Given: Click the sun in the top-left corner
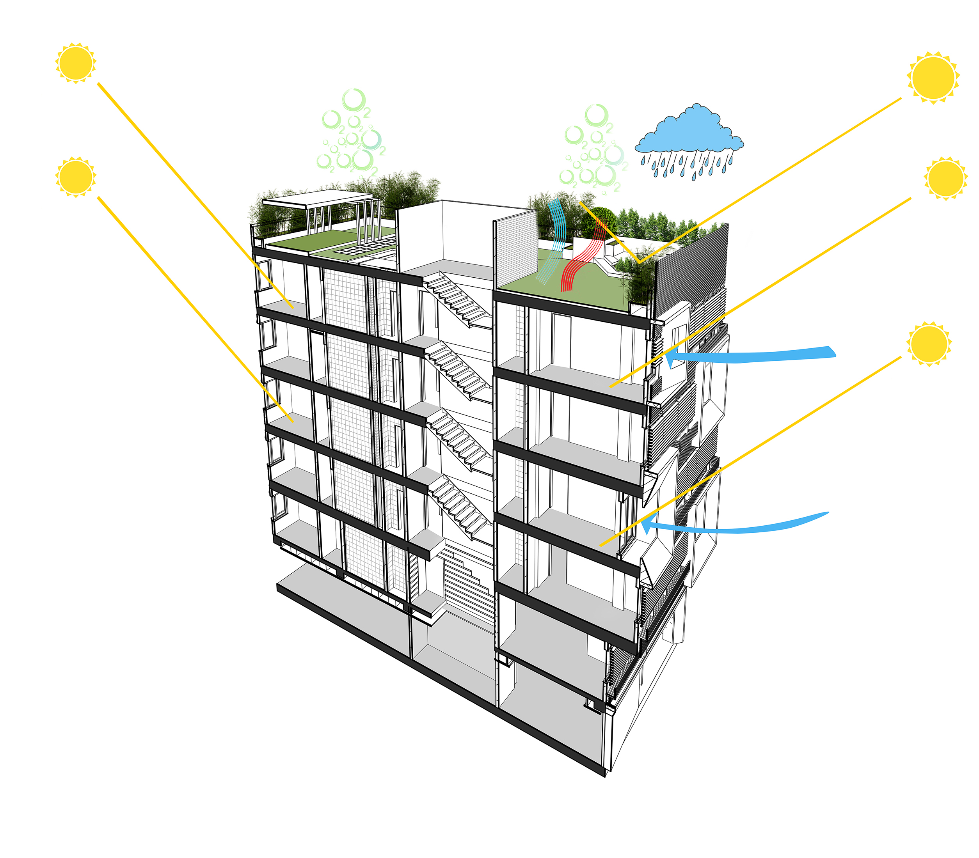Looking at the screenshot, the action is pyautogui.click(x=76, y=63).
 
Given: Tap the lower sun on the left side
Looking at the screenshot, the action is pyautogui.click(x=76, y=176).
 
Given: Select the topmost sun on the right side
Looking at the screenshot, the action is pyautogui.click(x=933, y=78).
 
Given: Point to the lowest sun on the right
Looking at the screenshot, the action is pyautogui.click(x=929, y=344).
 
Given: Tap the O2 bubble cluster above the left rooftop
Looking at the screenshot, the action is pyautogui.click(x=352, y=132).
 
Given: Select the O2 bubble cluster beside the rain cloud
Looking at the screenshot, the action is pyautogui.click(x=594, y=149).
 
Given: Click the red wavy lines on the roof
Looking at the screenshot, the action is pyautogui.click(x=583, y=254).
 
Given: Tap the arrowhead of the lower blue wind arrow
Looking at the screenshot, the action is pyautogui.click(x=647, y=526).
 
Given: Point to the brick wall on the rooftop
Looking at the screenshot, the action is pyautogui.click(x=516, y=250).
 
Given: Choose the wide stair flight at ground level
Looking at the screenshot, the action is pyautogui.click(x=467, y=587).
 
